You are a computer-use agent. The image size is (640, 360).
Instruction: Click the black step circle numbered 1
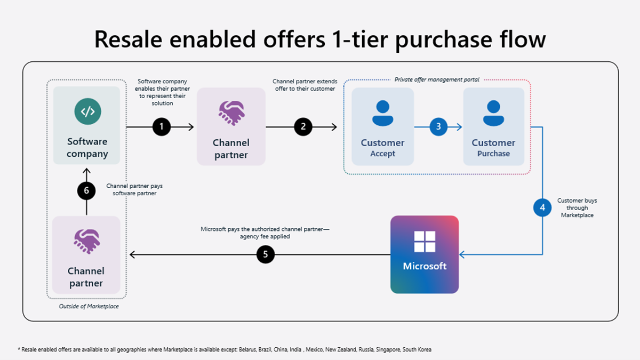(162, 127)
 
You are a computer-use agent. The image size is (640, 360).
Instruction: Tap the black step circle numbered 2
(303, 127)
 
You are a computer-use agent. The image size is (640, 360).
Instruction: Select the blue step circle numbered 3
(438, 127)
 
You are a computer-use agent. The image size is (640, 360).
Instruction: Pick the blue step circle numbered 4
(542, 207)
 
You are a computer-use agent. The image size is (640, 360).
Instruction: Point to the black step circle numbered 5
(266, 255)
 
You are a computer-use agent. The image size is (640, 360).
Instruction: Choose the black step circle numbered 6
(86, 190)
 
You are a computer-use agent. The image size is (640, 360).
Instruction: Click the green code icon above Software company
(87, 111)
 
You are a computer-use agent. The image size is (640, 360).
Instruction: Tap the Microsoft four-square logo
(425, 242)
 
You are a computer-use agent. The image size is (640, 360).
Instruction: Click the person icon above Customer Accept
(382, 113)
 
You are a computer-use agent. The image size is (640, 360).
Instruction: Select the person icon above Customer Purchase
(493, 113)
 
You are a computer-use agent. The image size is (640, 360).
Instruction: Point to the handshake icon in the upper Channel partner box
(231, 113)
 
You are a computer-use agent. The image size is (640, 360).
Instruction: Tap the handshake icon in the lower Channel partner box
(86, 241)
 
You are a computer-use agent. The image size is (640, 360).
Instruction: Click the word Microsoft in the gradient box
(425, 266)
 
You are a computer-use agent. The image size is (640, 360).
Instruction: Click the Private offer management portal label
(437, 79)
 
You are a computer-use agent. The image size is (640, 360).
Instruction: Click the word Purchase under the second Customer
(493, 154)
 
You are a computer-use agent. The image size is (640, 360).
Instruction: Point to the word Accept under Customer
(382, 154)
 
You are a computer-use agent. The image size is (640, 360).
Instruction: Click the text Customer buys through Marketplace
(577, 208)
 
